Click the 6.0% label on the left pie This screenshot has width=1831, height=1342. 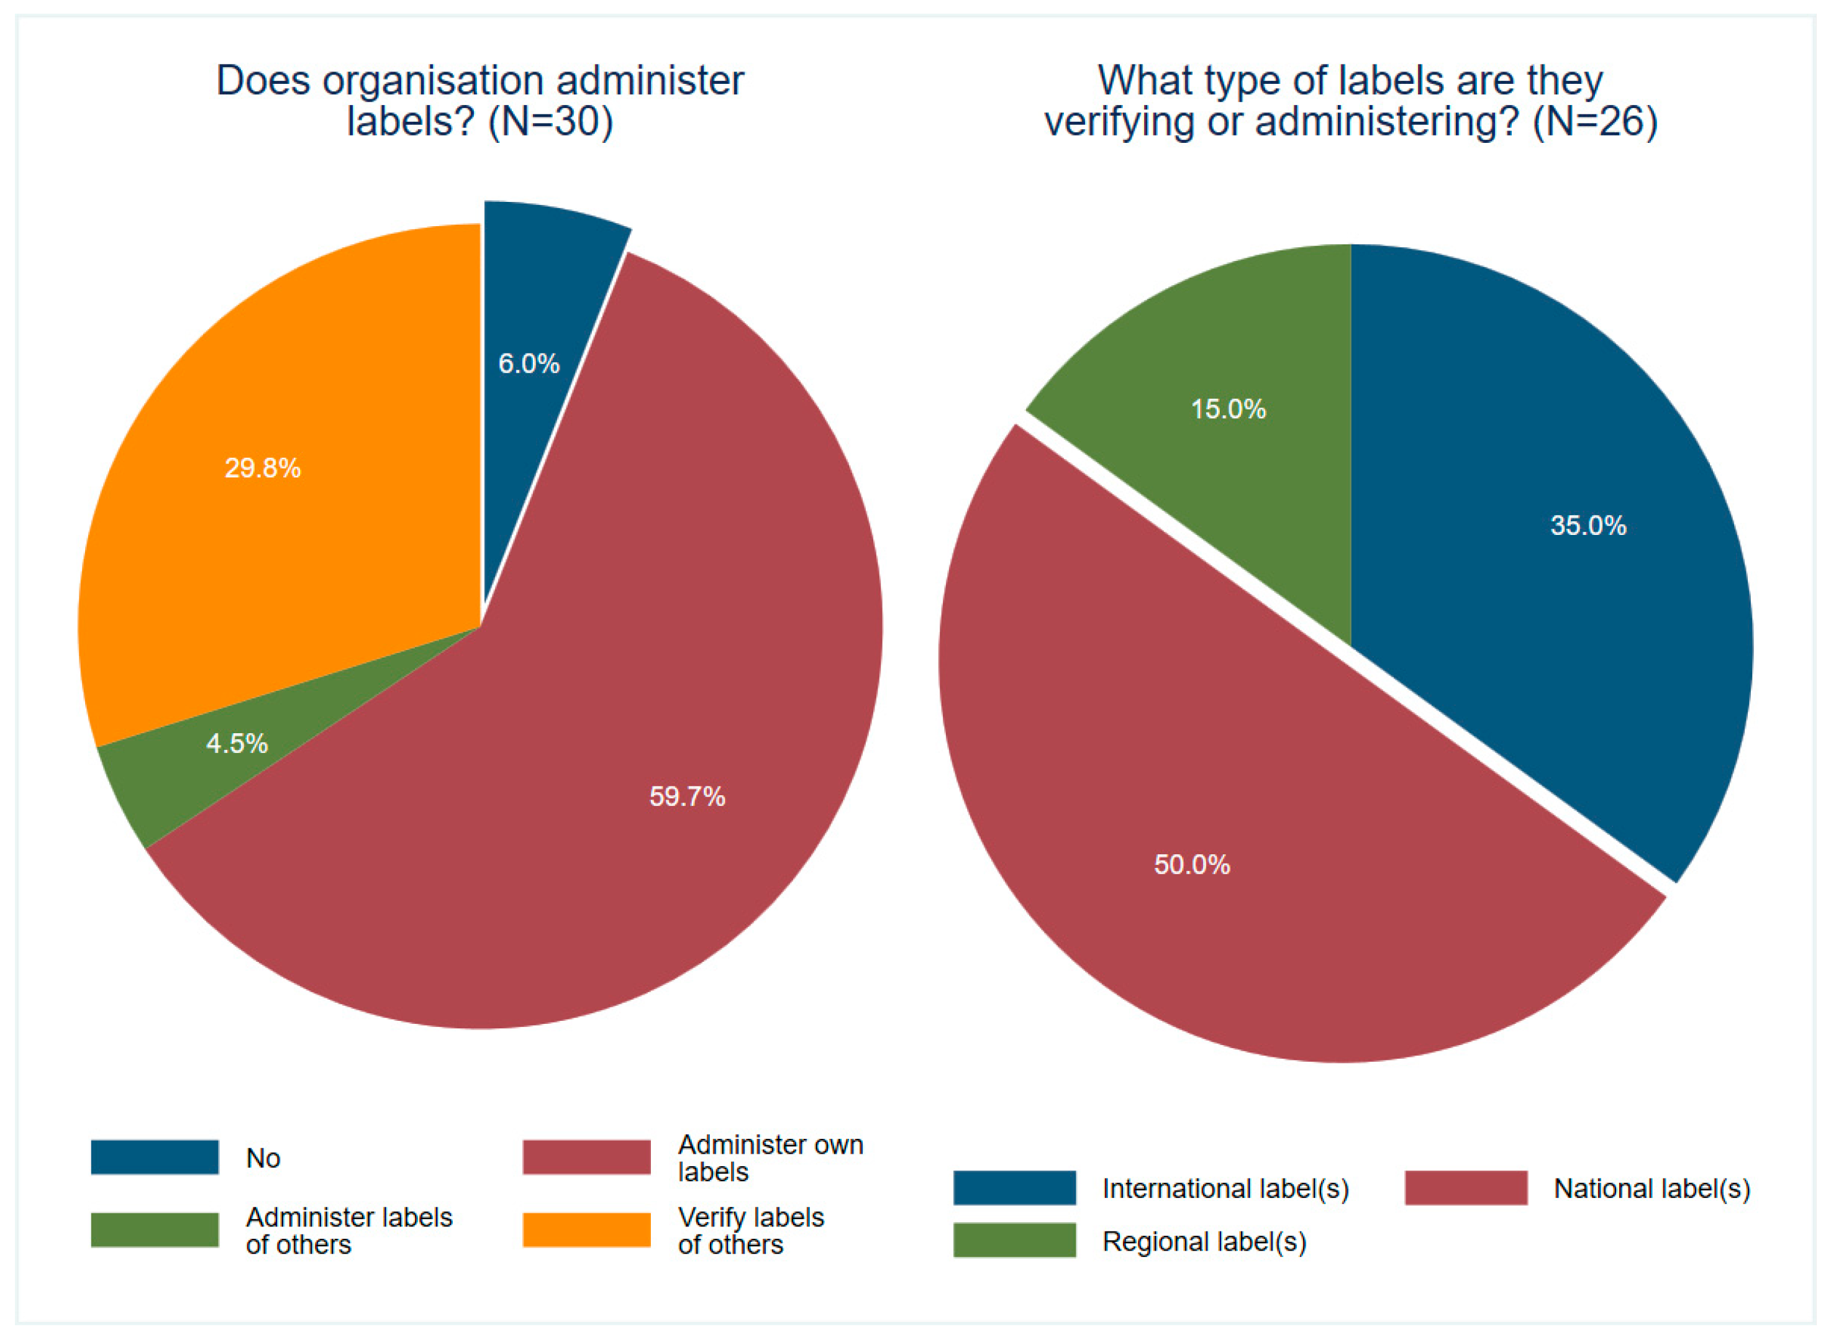[x=529, y=363]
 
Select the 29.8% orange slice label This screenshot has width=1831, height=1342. [x=262, y=468]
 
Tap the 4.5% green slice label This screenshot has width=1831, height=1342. [x=236, y=743]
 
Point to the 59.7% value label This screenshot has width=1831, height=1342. [x=687, y=796]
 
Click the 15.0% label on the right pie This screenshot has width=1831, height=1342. [x=1228, y=409]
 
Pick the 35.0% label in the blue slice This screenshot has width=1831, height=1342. [x=1588, y=526]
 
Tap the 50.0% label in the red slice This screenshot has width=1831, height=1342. [x=1192, y=864]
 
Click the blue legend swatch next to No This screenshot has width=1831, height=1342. [x=154, y=1157]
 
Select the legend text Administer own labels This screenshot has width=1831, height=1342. [x=770, y=1157]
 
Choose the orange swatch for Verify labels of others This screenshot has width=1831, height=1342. [x=586, y=1230]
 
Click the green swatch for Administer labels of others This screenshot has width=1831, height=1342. [x=154, y=1230]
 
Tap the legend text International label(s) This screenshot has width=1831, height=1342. [x=1225, y=1189]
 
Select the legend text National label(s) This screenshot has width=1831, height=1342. [x=1652, y=1189]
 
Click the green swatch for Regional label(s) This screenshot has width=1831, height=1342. [x=1014, y=1241]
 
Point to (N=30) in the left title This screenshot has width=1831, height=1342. [x=550, y=122]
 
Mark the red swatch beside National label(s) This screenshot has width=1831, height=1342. [x=1466, y=1188]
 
